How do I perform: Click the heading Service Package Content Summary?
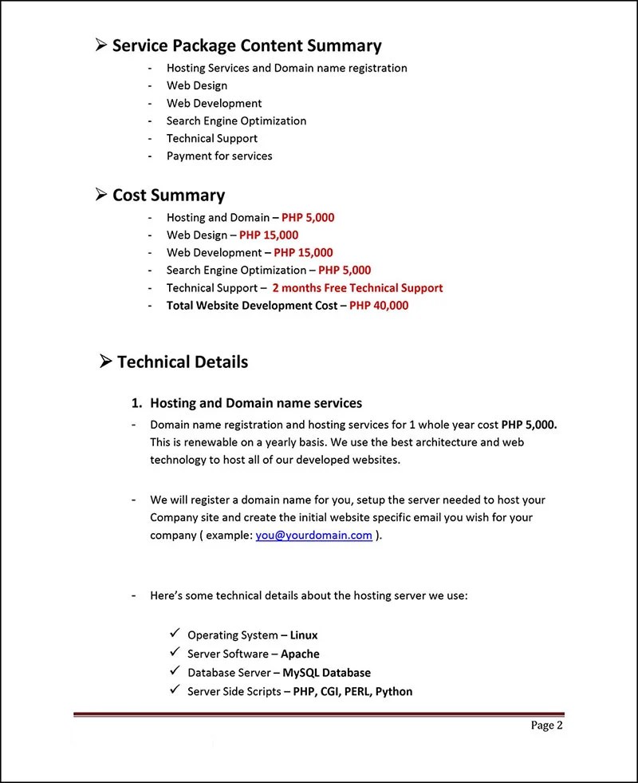click(246, 45)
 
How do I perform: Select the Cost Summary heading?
click(168, 195)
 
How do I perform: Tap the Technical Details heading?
click(183, 362)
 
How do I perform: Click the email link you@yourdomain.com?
click(313, 535)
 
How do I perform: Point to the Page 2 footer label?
click(547, 725)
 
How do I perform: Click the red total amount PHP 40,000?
click(379, 305)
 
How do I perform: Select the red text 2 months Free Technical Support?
click(357, 287)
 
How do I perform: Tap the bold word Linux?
click(304, 635)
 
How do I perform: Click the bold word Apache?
click(301, 654)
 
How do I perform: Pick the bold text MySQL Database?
click(326, 672)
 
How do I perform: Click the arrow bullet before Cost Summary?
click(101, 194)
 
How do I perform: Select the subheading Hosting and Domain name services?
click(256, 403)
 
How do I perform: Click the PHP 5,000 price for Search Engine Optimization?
click(345, 270)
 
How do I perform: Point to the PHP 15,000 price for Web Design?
click(269, 235)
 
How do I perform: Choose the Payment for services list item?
click(219, 156)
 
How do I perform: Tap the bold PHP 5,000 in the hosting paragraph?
click(529, 424)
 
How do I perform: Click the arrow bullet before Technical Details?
click(106, 362)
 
